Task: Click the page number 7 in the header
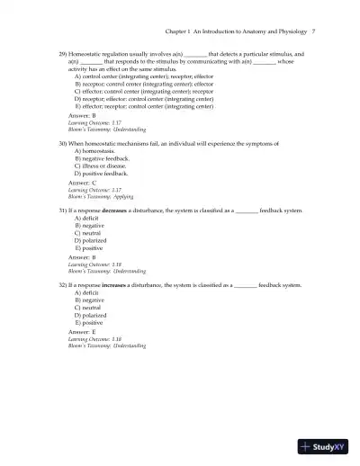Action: pyautogui.click(x=312, y=31)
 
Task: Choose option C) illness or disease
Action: pyautogui.click(x=103, y=166)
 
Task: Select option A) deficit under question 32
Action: pyautogui.click(x=87, y=291)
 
